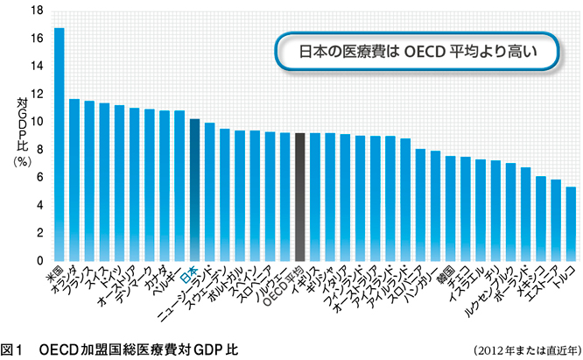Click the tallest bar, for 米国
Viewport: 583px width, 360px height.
60,145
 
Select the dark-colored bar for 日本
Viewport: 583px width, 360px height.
195,189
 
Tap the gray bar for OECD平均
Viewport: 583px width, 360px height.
300,196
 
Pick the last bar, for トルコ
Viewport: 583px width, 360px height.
571,223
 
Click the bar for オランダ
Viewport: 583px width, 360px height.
74,180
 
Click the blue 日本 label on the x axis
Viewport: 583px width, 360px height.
189,272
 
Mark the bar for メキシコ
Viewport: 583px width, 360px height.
541,218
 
